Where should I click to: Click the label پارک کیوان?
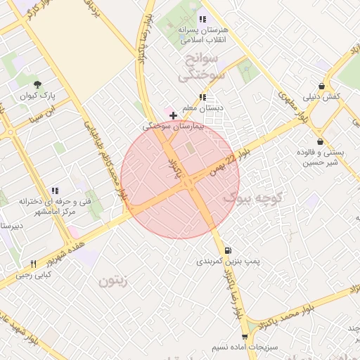tap(38, 95)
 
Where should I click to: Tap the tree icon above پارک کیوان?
tap(37, 84)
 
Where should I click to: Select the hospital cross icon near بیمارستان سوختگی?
tap(173, 115)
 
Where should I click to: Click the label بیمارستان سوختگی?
tap(173, 127)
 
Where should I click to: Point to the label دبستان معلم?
tap(202, 108)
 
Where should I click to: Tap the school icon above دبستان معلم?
tap(202, 97)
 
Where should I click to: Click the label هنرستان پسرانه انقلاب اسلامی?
tap(202, 34)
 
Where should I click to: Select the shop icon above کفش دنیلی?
tap(321, 85)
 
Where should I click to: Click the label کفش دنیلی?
tap(322, 96)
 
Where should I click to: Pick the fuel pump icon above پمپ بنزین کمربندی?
tap(228, 250)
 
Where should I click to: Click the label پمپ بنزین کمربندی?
tap(228, 262)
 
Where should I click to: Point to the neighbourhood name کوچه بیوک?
tap(252, 199)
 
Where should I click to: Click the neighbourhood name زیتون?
tap(112, 282)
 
